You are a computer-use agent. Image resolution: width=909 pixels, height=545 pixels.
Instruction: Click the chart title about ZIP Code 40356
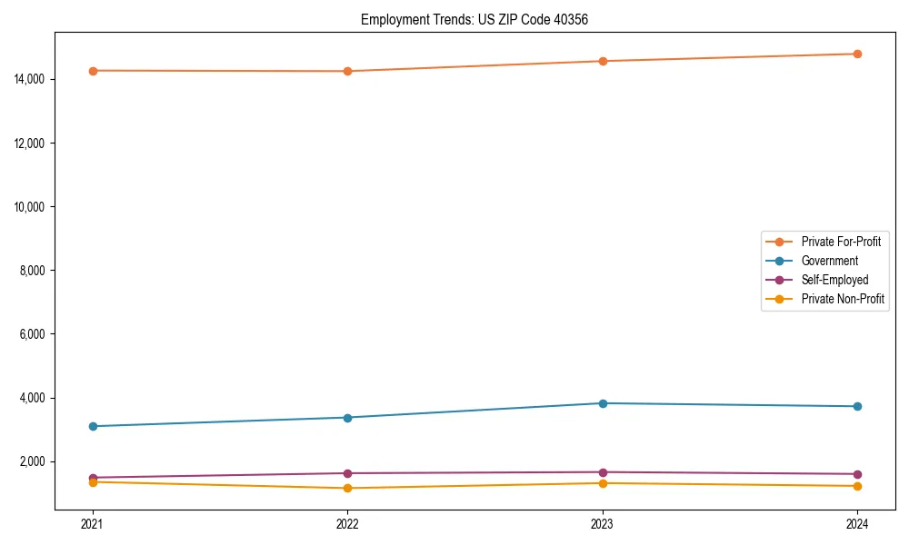[x=474, y=19]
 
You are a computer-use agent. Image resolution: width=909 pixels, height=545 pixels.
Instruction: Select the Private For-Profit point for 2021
[x=93, y=71]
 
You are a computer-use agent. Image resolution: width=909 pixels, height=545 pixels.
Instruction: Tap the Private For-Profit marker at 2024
[x=857, y=54]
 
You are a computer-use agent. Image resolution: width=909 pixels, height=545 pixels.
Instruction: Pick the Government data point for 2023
[x=603, y=403]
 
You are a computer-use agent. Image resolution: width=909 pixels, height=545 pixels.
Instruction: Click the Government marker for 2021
[x=93, y=426]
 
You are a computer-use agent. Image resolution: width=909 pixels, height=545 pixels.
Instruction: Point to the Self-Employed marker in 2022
[x=347, y=473]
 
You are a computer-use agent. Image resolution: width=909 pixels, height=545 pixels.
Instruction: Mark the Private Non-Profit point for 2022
[x=347, y=489]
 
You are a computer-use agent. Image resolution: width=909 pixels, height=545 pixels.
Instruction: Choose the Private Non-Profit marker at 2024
[x=857, y=486]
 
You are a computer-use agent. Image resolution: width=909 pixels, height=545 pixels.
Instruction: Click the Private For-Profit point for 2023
[x=603, y=61]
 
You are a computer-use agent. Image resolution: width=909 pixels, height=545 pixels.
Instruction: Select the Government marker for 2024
[x=857, y=406]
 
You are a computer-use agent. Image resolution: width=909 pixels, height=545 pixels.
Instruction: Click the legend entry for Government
[x=829, y=261]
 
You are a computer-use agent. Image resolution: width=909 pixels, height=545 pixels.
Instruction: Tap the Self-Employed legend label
[x=834, y=280]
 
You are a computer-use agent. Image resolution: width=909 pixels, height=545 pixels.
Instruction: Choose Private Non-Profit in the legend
[x=843, y=299]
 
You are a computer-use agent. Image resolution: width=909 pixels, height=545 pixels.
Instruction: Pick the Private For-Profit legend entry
[x=841, y=242]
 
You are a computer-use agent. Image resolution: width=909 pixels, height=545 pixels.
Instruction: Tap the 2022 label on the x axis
[x=347, y=523]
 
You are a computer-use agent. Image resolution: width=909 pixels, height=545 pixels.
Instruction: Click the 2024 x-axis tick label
[x=857, y=523]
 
